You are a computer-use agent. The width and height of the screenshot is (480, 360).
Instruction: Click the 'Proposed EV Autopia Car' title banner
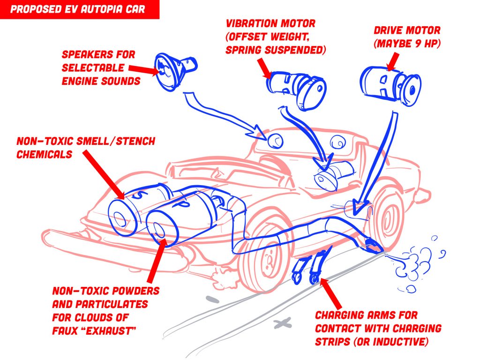[x=80, y=9]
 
